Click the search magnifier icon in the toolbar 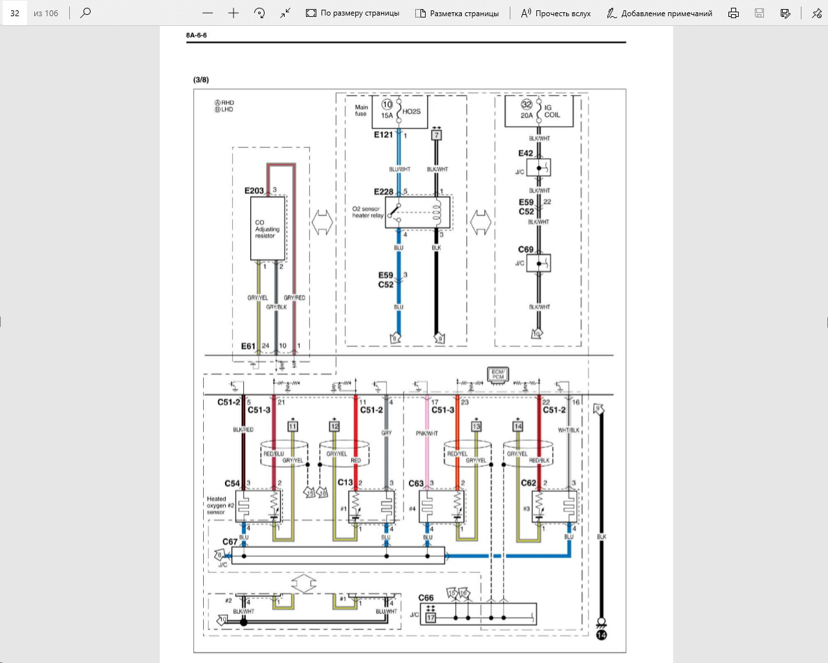tap(85, 12)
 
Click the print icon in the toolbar tap(733, 13)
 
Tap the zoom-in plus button tap(234, 13)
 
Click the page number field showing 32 tap(15, 13)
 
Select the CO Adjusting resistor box tap(267, 229)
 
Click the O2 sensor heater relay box tap(418, 212)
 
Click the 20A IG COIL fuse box tap(539, 112)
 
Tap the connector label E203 tap(254, 190)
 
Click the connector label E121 tap(383, 135)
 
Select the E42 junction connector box tap(538, 168)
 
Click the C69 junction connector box tap(538, 264)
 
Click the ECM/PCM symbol tap(497, 375)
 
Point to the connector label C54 tap(232, 483)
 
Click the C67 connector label tap(230, 541)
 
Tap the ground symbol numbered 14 tap(601, 635)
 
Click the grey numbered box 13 tap(476, 426)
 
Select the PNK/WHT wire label tap(426, 433)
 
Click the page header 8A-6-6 tap(196, 35)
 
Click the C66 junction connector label tap(426, 598)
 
